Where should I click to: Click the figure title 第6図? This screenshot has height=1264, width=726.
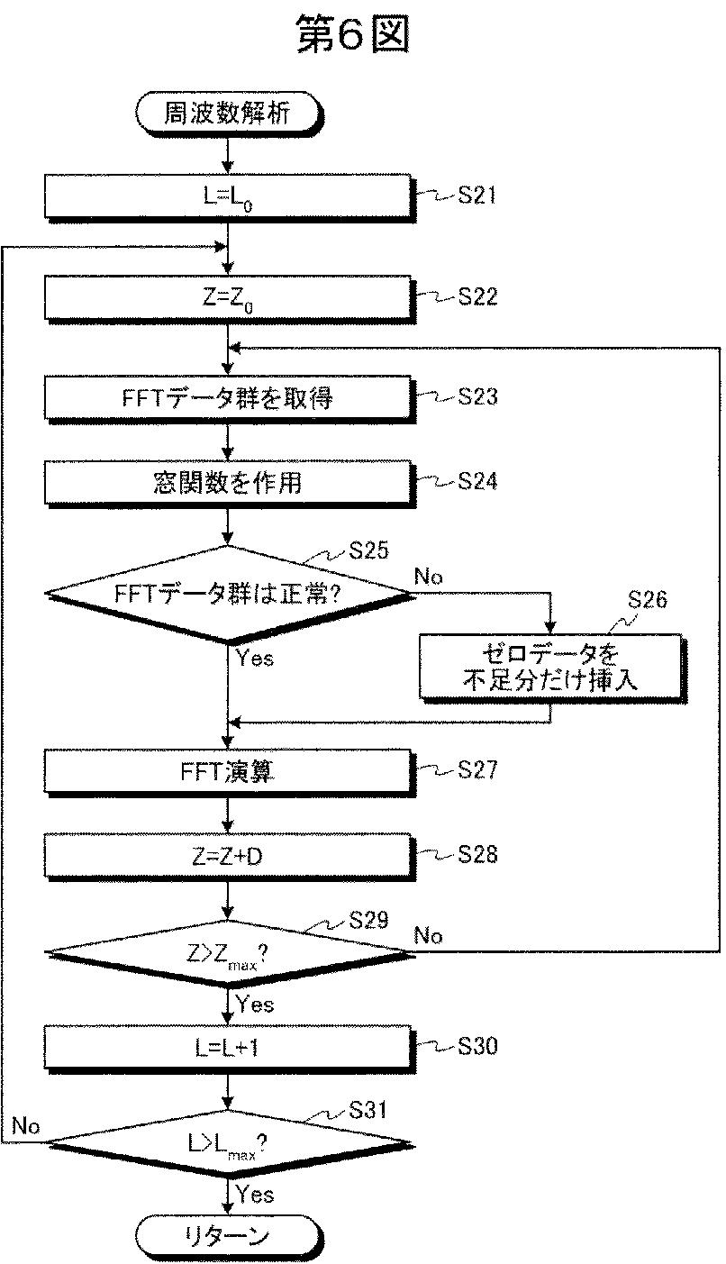click(x=353, y=35)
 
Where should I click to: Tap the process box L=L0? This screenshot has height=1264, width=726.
click(x=228, y=194)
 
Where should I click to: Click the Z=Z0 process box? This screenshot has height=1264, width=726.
click(x=228, y=296)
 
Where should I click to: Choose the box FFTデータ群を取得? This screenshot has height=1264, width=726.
click(x=228, y=397)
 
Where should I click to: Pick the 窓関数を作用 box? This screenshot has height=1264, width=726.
click(x=228, y=482)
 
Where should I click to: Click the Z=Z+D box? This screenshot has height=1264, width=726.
click(x=228, y=855)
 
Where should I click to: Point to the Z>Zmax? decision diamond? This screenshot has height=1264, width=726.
click(x=228, y=954)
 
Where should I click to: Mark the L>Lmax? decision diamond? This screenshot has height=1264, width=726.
click(x=228, y=1143)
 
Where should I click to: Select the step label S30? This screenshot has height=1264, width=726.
click(x=477, y=1046)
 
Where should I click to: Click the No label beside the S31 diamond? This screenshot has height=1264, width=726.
click(x=26, y=1125)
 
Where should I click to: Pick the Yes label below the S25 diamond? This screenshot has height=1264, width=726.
click(x=255, y=659)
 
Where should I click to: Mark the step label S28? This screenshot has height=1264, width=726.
click(x=477, y=854)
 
